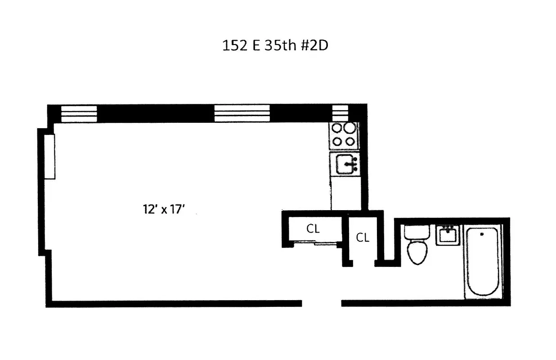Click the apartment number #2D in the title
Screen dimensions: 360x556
314,46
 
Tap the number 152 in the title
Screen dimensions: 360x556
233,46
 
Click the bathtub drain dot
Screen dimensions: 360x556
481,234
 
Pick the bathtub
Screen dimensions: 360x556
482,261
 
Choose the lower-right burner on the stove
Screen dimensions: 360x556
350,141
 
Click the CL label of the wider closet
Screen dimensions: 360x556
313,229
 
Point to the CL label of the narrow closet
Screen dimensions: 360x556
363,238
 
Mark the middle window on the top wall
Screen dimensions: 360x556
242,113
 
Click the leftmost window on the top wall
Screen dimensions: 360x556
79,113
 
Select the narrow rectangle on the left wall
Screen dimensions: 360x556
50,157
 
